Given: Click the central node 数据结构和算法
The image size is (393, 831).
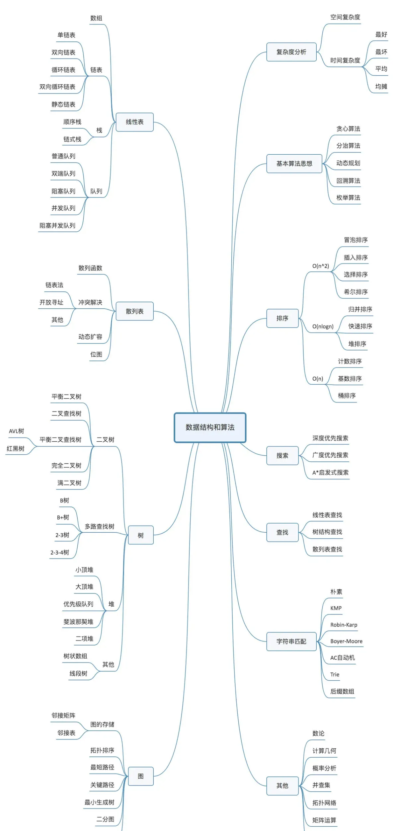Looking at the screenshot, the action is pos(210,427).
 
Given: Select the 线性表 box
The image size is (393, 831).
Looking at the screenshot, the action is pos(134,122).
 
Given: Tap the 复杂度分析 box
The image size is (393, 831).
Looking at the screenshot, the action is pos(291,52).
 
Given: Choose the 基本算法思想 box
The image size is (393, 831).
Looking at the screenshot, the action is pos(294,164).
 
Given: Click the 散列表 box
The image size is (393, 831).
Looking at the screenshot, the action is pos(134,311).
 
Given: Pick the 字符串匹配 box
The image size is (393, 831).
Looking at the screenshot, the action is pos(291,642).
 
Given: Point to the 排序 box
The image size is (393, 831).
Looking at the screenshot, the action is pos(282,318).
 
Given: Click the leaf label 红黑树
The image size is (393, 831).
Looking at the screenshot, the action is pos(16,449).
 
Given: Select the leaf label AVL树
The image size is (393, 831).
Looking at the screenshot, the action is pos(16,431).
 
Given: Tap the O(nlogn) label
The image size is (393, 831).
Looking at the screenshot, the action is pos(323,327).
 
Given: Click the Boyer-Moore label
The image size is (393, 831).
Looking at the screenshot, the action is pos(346,641).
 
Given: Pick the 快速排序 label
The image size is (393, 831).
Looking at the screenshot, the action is pos(360,326).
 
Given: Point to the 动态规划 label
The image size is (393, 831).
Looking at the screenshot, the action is pos(348,163).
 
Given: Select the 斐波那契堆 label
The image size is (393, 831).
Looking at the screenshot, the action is pos(78,622).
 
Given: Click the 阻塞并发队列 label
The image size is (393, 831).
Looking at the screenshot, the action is pos(57,226).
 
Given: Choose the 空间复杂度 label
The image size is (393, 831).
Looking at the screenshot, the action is pos(345,17).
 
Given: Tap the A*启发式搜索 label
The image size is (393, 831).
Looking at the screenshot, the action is pos(330,473).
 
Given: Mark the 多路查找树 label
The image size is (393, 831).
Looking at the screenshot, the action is pos(99,526).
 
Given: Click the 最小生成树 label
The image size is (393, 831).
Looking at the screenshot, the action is pos(99,802).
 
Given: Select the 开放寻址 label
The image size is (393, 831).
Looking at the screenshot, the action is pos(51,302).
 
